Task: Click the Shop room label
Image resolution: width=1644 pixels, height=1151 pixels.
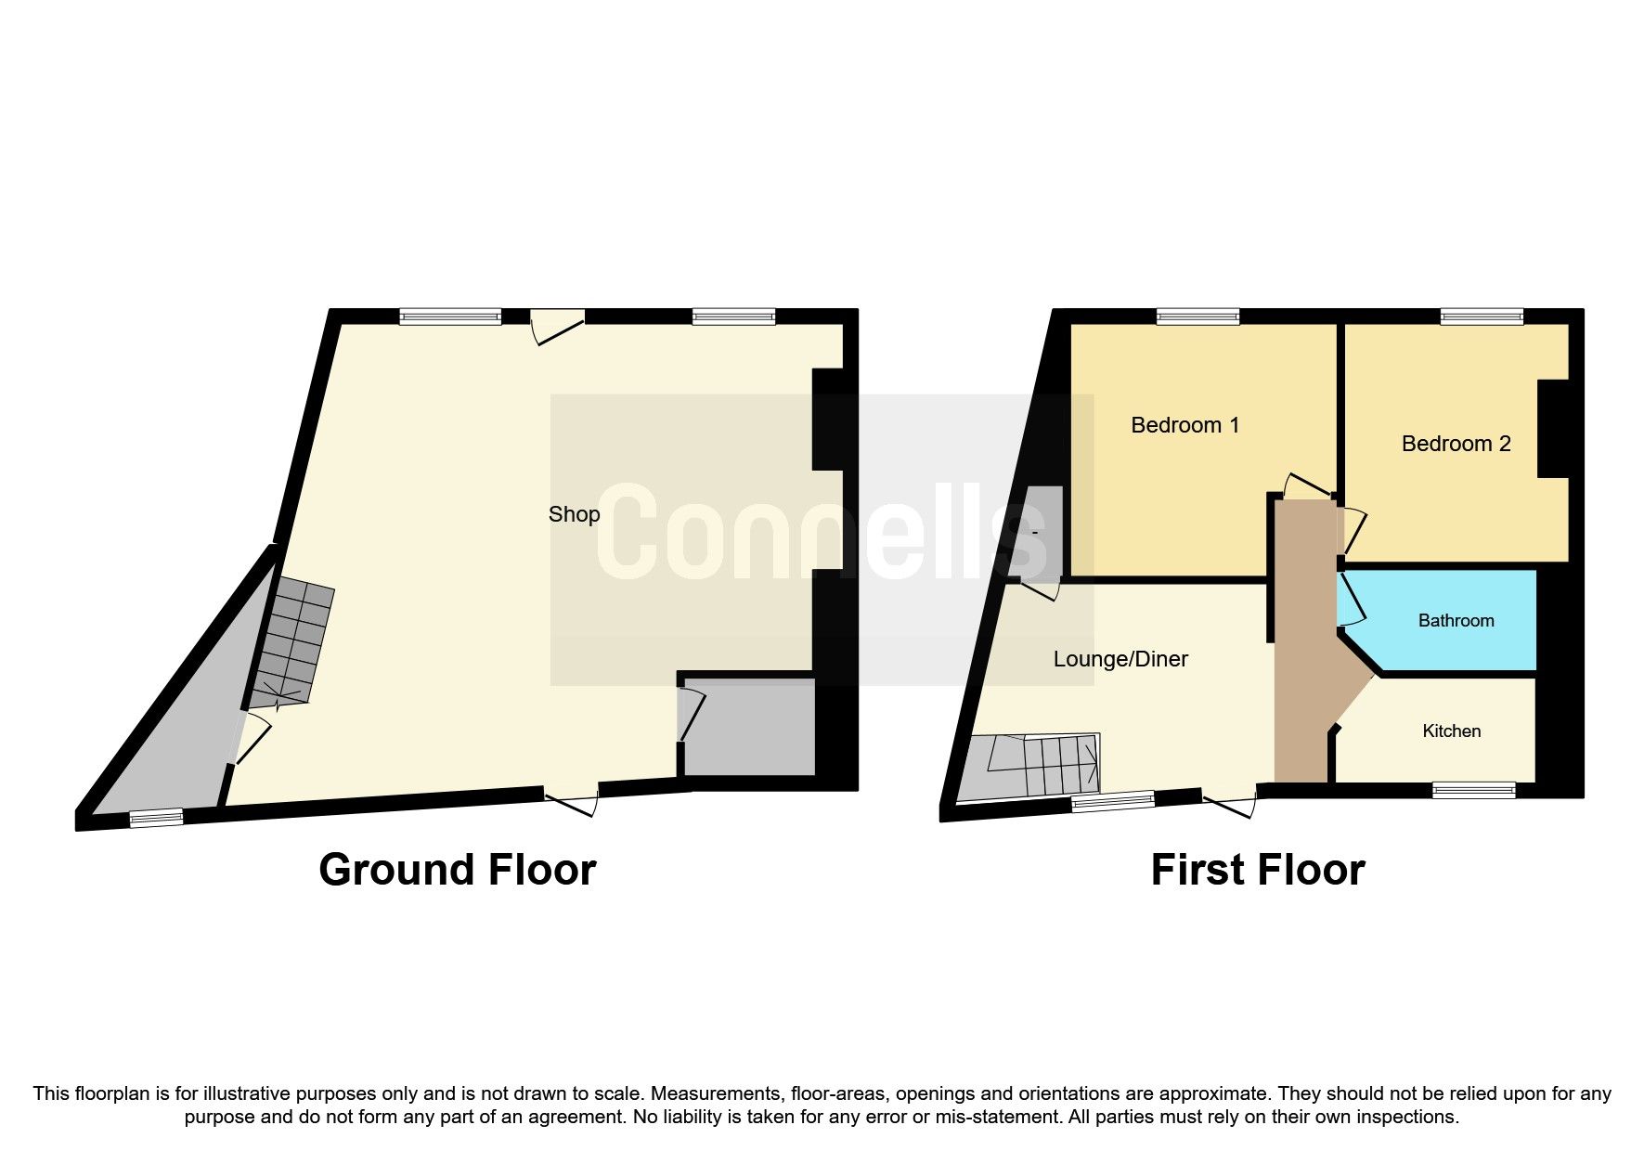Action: [574, 514]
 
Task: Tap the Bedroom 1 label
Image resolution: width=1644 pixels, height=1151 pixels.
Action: [1184, 425]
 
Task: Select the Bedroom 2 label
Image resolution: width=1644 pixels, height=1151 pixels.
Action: [1456, 444]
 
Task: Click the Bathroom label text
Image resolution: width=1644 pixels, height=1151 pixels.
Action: [1456, 621]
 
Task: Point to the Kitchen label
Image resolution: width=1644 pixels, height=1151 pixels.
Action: [1451, 731]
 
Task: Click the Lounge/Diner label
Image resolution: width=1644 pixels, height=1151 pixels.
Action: [1120, 659]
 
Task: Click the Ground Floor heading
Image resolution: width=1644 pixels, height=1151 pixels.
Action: [457, 870]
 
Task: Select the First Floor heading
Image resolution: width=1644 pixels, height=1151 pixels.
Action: [1257, 870]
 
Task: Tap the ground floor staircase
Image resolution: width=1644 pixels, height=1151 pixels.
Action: [292, 640]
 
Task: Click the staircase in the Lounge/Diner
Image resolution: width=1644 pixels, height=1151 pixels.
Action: [1040, 766]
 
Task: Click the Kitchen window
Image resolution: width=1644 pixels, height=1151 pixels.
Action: [1473, 790]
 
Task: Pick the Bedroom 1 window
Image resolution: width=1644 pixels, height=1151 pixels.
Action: [1197, 317]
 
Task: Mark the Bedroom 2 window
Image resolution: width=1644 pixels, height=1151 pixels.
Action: [1482, 317]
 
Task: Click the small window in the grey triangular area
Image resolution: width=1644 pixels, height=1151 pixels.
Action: [155, 817]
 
